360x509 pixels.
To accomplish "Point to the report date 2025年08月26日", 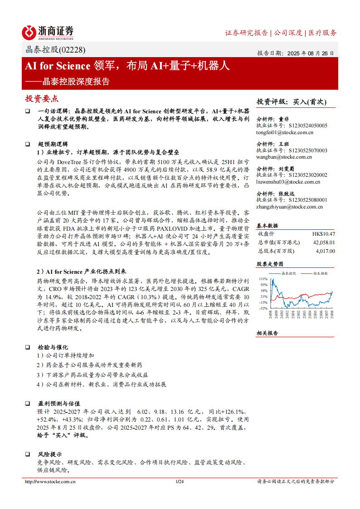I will click(x=308, y=53).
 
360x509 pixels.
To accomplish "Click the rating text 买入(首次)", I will click(x=310, y=102).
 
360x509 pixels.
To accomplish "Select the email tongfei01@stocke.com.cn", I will click(x=285, y=133).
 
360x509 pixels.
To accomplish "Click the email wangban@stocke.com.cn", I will click(x=284, y=157).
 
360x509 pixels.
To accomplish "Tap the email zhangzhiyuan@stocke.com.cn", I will click(x=289, y=207).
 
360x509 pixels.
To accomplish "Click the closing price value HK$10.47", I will click(x=323, y=234).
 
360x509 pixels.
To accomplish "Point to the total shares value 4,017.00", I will click(x=325, y=251).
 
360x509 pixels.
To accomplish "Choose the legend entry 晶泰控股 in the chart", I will click(x=288, y=274).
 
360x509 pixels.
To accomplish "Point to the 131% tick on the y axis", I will click(x=263, y=279).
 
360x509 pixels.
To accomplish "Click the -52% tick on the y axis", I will click(x=263, y=308).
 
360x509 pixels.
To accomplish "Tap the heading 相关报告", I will click(x=267, y=333).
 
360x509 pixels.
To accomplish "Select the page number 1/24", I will click(x=180, y=482).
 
